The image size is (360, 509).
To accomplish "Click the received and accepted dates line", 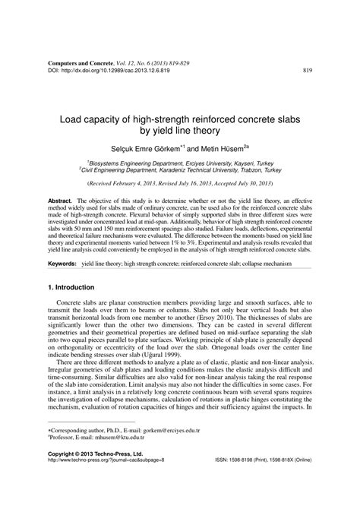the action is click(x=179, y=183).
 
